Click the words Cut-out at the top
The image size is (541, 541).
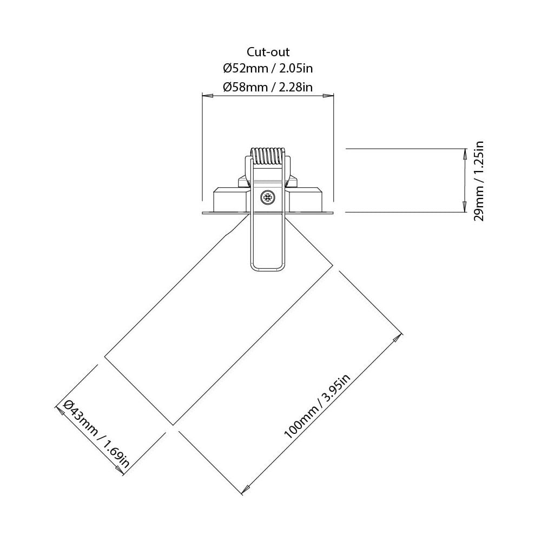pyautogui.click(x=268, y=52)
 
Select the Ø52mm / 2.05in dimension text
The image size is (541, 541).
pyautogui.click(x=268, y=69)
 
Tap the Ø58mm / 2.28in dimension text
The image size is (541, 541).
pyautogui.click(x=268, y=87)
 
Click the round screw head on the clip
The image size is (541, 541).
pyautogui.click(x=267, y=197)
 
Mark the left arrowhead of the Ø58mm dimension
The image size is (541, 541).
pyautogui.click(x=206, y=96)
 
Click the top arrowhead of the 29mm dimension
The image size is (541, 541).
pyautogui.click(x=464, y=154)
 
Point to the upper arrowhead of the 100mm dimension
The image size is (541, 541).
pyautogui.click(x=399, y=338)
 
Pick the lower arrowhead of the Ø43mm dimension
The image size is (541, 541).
pyautogui.click(x=123, y=472)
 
